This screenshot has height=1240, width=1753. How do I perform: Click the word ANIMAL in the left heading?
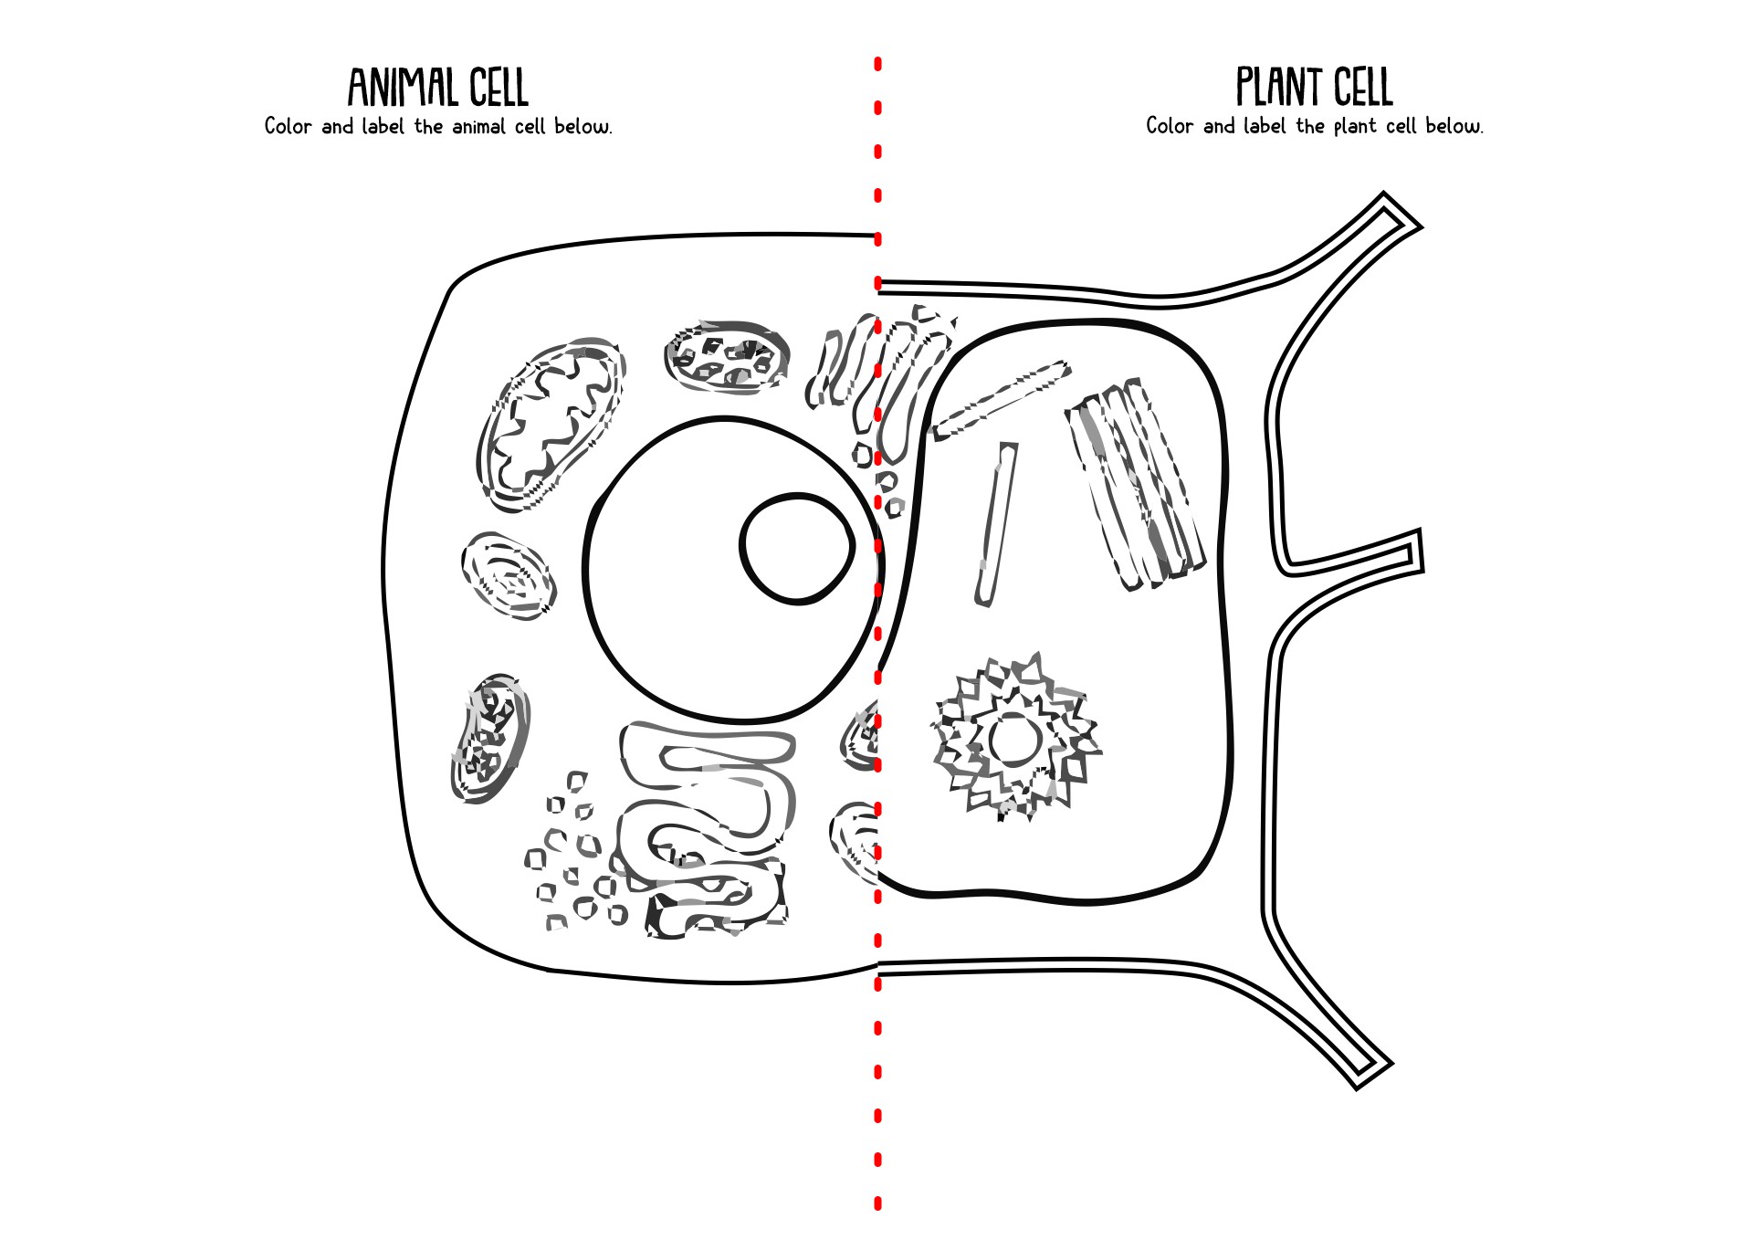coord(402,88)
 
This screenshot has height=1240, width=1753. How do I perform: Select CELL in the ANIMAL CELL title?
coord(499,88)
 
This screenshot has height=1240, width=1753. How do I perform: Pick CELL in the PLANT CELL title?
coord(1363,88)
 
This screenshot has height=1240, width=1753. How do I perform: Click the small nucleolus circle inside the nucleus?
coord(797,549)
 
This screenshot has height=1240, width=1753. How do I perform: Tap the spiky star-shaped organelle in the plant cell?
coord(1015,738)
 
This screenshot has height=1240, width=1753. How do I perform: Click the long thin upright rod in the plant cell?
coord(996,523)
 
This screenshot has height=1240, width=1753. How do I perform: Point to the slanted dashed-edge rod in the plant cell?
coord(999,400)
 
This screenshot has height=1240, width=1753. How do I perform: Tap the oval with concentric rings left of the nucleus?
coord(508,576)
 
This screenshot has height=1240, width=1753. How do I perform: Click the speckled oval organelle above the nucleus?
coord(727,357)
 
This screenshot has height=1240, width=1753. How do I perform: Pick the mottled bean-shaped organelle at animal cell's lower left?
coord(490,739)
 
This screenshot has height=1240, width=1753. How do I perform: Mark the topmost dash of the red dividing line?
coord(877,64)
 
